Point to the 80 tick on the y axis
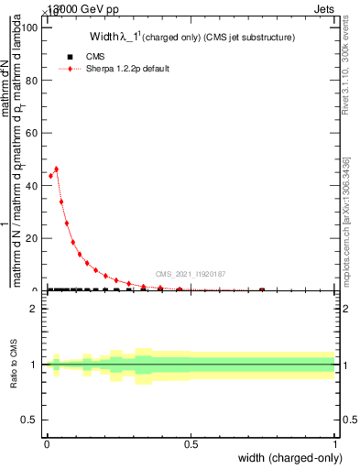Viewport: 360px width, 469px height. click(33, 80)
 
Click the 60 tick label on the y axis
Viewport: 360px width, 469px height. click(33, 133)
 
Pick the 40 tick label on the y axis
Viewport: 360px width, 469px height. click(33, 185)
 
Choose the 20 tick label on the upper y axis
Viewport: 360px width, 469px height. click(33, 238)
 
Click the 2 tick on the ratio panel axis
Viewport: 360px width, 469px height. click(34, 309)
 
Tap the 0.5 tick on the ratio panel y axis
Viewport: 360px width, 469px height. click(30, 420)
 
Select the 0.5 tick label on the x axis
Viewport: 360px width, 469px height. click(191, 444)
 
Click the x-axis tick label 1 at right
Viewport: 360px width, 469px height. click(335, 444)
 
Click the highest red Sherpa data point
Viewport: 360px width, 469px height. click(56, 169)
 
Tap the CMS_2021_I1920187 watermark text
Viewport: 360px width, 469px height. click(190, 274)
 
